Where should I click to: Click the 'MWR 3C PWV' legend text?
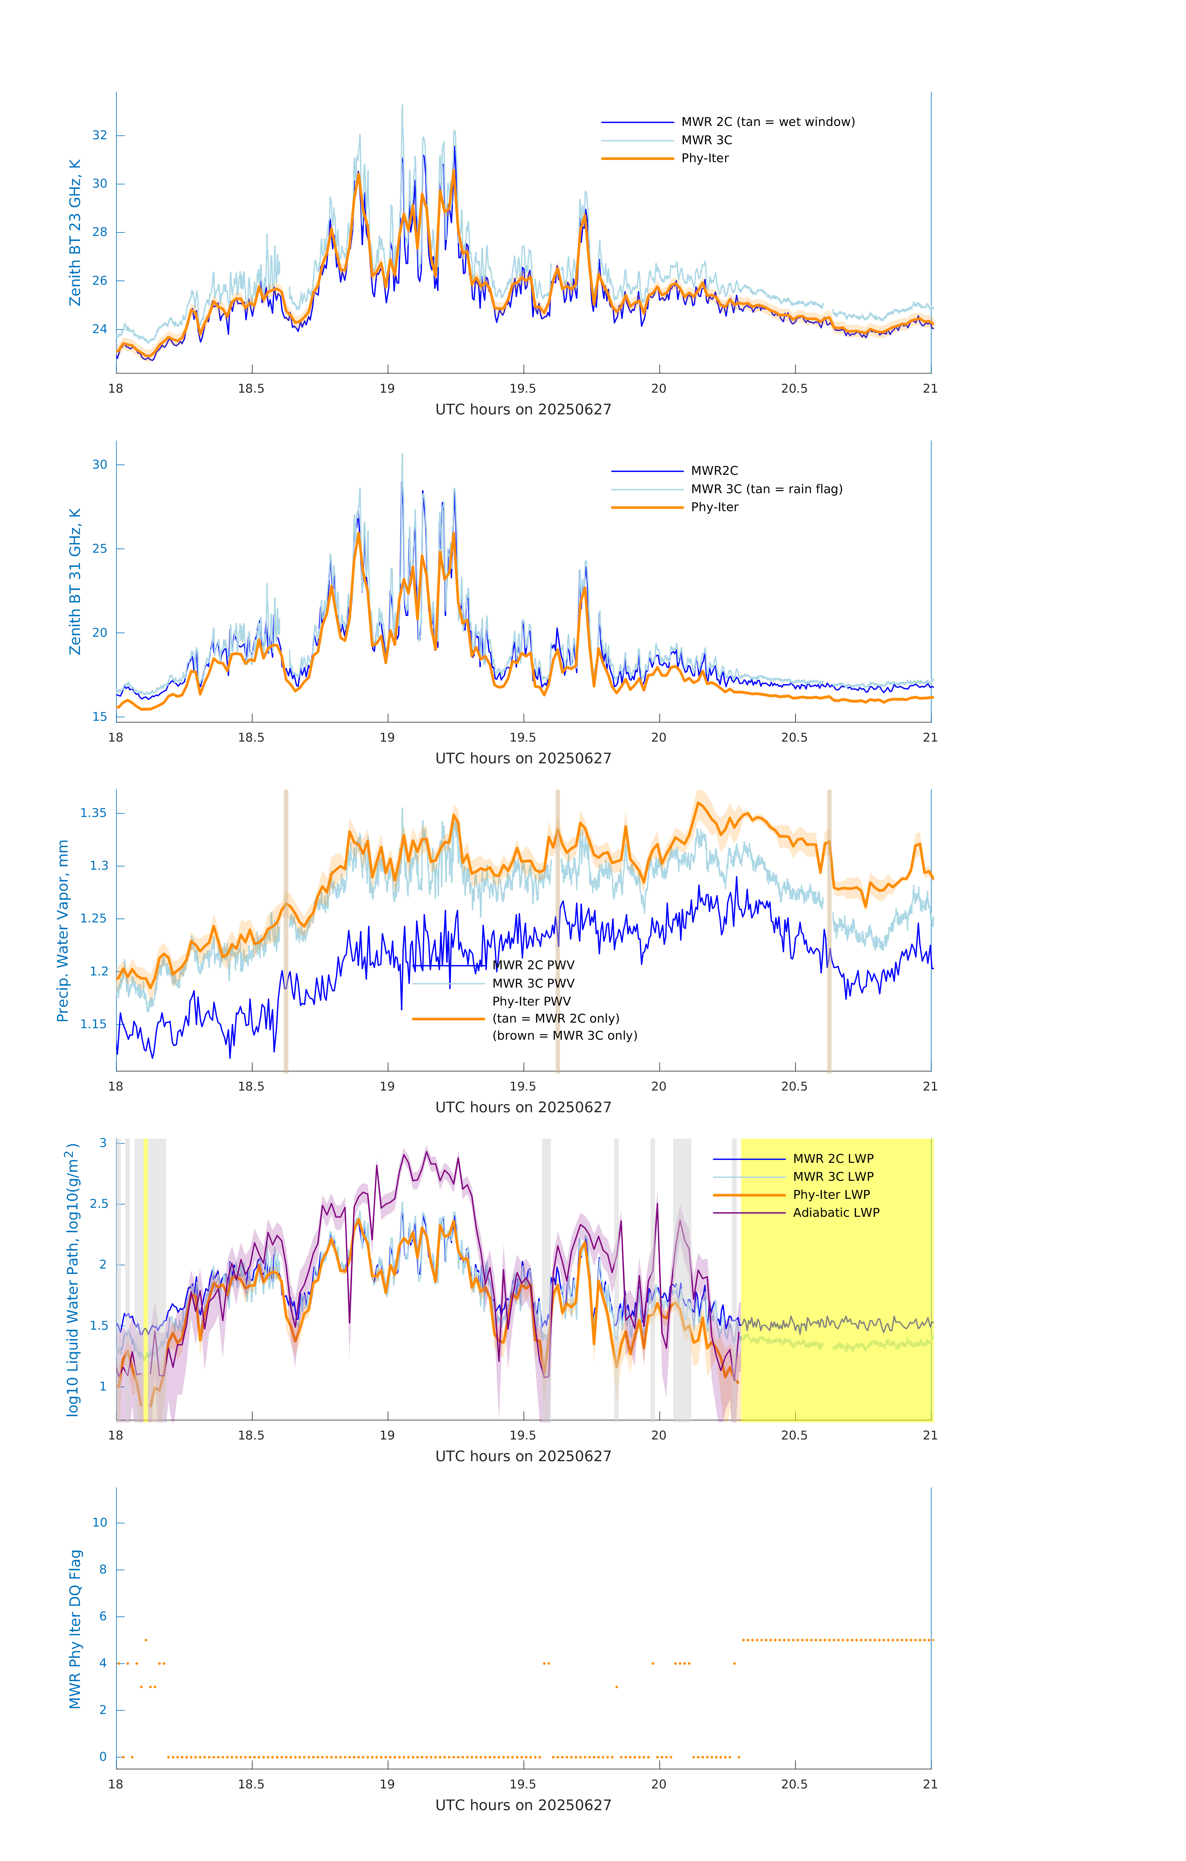click(x=533, y=983)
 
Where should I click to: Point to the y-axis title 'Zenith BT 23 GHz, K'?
click(x=75, y=233)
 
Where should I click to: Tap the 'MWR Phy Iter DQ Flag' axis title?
click(x=75, y=1629)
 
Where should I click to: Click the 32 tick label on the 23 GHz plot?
click(x=100, y=135)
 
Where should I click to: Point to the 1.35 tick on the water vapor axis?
click(x=94, y=813)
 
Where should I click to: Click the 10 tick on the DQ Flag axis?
click(x=100, y=1523)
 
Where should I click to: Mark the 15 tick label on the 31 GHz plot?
click(x=100, y=716)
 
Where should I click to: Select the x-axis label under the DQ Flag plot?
click(x=523, y=1805)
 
